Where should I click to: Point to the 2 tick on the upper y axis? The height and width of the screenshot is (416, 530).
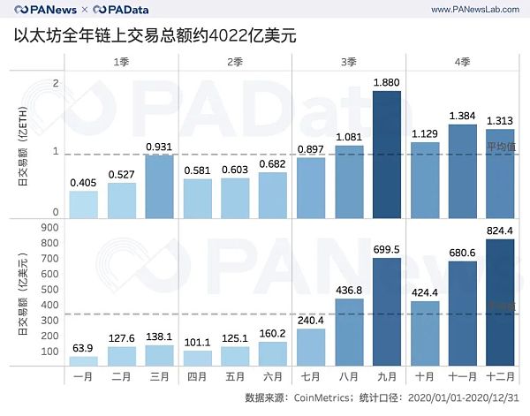(x=56, y=83)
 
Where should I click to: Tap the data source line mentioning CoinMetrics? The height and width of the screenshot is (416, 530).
(x=381, y=398)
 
